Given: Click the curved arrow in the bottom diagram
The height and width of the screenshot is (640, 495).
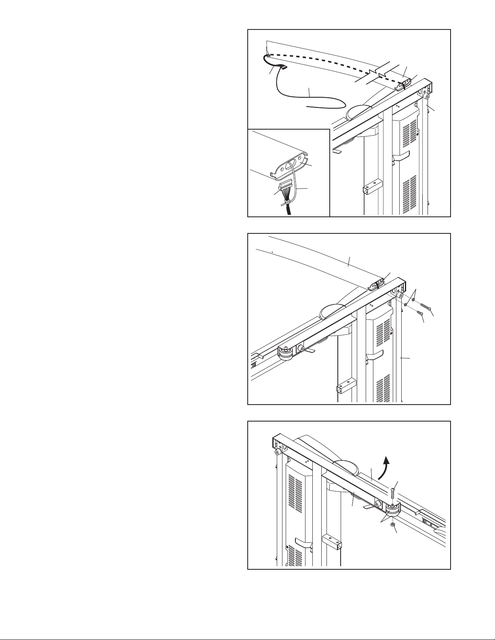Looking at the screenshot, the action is [x=385, y=464].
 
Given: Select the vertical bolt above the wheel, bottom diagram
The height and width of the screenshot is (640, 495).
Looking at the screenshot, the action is [x=392, y=493].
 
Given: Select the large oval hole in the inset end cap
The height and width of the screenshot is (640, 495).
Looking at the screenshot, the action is [x=291, y=166].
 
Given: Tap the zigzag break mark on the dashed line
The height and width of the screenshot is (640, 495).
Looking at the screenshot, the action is [x=378, y=72].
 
